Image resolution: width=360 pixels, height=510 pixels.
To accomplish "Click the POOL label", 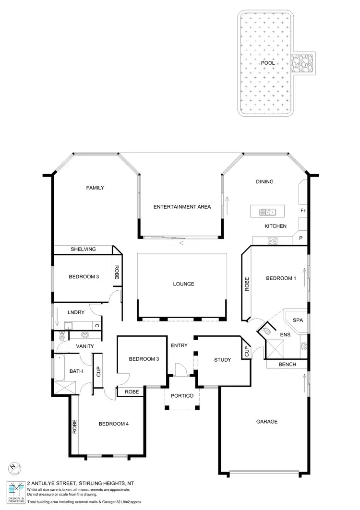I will coord(267,63).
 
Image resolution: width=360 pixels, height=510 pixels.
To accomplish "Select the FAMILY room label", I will coord(95,188).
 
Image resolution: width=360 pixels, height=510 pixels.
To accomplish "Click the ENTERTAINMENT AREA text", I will coord(182,207).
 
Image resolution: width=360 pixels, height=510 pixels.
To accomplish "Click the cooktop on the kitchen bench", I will coord(273,241).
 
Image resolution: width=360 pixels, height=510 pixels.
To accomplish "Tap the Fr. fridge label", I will coord(303,211).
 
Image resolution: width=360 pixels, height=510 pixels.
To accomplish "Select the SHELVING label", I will coord(83,249).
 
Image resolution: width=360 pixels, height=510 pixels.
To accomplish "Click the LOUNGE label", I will coord(183,284).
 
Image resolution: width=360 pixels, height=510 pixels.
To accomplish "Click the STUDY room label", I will coord(222,360).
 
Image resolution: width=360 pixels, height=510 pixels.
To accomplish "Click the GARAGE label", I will coord(266,422).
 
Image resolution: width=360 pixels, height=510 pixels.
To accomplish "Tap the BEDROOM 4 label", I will coord(113,424).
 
